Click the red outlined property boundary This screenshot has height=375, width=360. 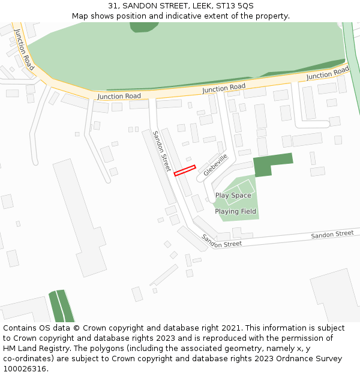[185, 170]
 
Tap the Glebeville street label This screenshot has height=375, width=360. [215, 164]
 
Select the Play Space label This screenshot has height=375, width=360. [233, 196]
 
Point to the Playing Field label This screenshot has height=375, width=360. [235, 211]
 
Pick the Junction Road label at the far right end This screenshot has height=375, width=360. [328, 73]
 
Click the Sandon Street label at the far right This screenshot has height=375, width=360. [332, 234]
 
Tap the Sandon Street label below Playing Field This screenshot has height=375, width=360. [221, 241]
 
